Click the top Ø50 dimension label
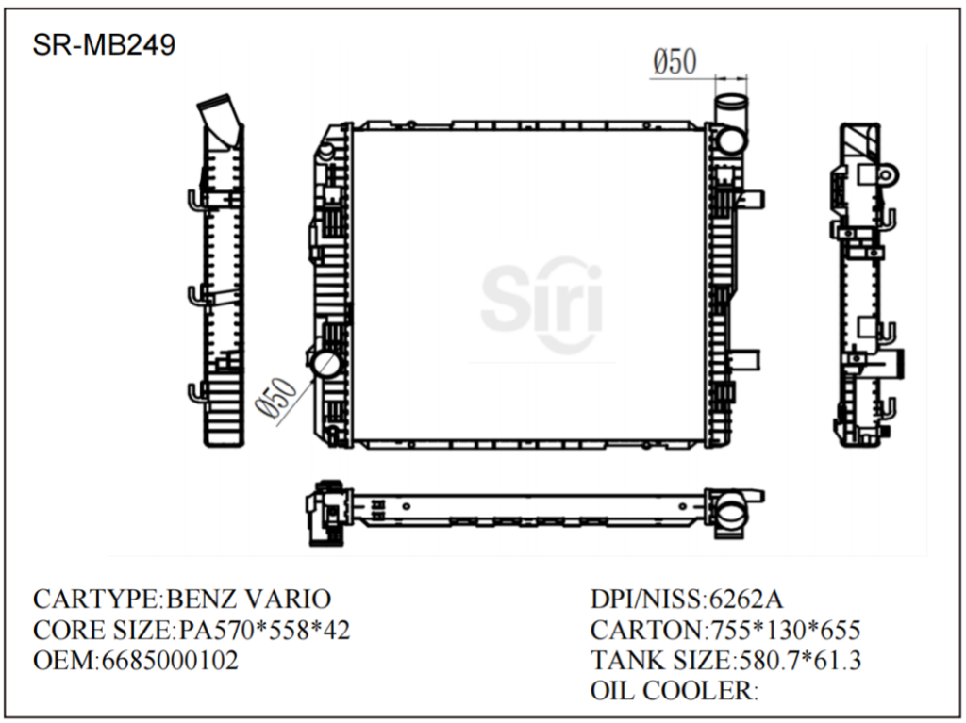[x=675, y=62]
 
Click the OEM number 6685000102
[x=169, y=660]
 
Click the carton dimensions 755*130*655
[x=781, y=630]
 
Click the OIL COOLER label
[x=674, y=691]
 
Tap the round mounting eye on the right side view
[x=888, y=175]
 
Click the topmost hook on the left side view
[x=193, y=201]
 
